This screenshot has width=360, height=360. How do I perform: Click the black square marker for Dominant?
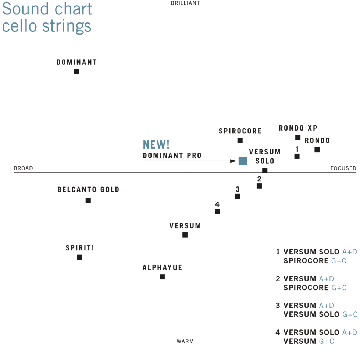[76, 71]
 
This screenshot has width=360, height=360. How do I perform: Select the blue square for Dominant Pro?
[243, 161]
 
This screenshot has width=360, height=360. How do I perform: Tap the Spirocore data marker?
[240, 140]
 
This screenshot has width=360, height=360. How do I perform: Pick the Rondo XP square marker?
[298, 138]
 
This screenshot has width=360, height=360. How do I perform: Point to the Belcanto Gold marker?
[88, 200]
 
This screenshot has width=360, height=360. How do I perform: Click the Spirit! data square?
[80, 257]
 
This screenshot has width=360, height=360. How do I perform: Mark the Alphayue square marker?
[162, 277]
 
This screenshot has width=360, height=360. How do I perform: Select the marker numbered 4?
[217, 211]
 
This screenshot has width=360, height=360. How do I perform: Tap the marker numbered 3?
[238, 196]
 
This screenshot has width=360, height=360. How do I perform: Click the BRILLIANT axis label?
[185, 3]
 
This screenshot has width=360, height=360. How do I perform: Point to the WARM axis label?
[185, 341]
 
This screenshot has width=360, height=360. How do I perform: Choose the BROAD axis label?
[23, 168]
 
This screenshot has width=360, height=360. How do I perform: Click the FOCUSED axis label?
[343, 168]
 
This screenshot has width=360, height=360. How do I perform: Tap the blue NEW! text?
[156, 145]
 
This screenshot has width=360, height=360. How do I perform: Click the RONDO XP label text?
[298, 128]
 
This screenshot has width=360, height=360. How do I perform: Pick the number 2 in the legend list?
[278, 279]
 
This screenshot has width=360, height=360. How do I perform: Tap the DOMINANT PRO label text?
[172, 156]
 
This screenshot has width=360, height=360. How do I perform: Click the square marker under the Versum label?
[185, 235]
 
